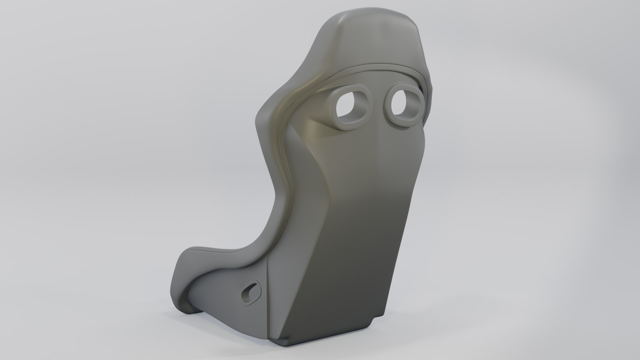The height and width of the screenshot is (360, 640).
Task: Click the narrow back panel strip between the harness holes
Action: [379, 110]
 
